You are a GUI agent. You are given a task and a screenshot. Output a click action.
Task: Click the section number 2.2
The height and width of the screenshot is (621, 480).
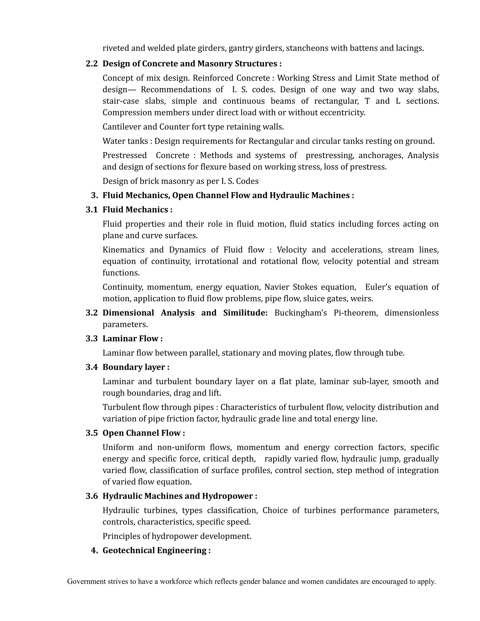(92, 64)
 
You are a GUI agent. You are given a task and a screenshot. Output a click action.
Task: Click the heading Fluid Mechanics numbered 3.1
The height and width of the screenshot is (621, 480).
(135, 210)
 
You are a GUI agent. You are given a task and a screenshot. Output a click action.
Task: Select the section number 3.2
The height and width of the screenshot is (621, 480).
(92, 313)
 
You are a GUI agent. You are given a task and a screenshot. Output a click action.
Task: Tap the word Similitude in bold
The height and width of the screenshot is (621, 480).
(245, 313)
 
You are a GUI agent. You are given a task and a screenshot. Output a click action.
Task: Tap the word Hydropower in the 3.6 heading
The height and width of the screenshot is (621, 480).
(228, 496)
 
